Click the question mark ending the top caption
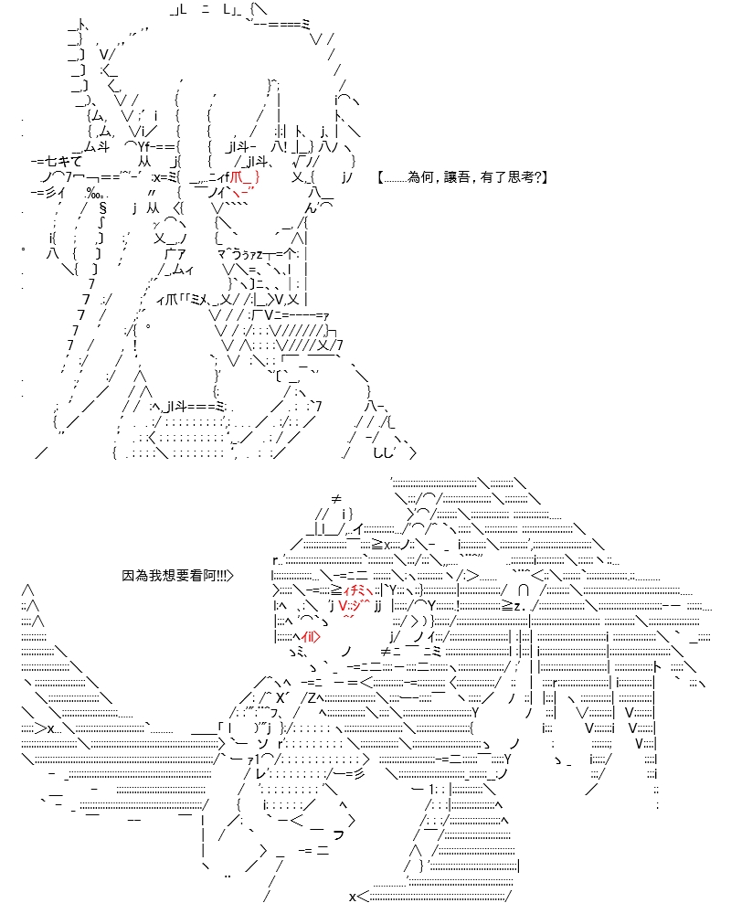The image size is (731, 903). (x=537, y=177)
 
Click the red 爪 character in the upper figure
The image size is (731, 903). (x=236, y=177)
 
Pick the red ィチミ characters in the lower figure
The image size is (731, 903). (x=357, y=590)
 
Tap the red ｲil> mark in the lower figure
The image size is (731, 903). (x=311, y=636)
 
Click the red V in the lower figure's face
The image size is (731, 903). (x=343, y=606)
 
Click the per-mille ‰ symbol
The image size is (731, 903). (x=93, y=192)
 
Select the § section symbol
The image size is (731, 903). (x=102, y=207)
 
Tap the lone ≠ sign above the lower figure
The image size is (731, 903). (x=337, y=499)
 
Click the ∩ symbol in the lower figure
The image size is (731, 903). (x=524, y=590)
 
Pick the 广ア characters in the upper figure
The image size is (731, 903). (x=175, y=253)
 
